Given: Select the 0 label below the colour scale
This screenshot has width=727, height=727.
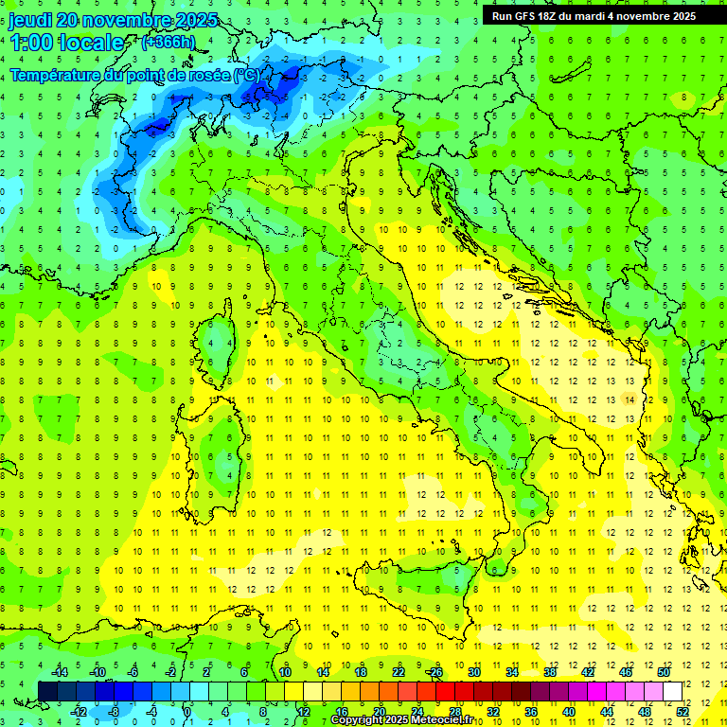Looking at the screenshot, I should point(187,711).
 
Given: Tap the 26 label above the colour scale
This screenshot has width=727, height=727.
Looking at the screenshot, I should point(436,672).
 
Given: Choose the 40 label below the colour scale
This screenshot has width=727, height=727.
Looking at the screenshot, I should point(568,711).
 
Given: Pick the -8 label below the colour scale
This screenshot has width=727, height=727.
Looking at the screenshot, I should point(115,711).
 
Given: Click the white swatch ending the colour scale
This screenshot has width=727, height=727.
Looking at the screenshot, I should point(672,691).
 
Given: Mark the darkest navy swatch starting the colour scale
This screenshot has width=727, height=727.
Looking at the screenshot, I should point(47,691).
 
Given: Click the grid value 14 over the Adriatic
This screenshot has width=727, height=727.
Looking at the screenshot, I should point(629,400).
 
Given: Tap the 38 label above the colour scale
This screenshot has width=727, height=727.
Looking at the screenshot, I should point(550,672).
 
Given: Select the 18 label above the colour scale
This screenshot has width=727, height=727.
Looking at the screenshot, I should point(361,672).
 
